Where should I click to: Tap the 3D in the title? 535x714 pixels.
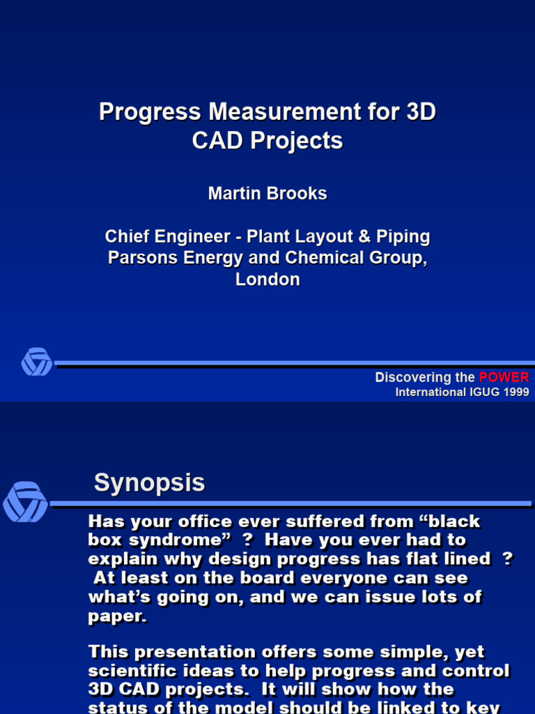pyautogui.click(x=420, y=112)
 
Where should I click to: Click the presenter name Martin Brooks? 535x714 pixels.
pyautogui.click(x=267, y=194)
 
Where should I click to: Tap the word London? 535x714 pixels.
pyautogui.click(x=267, y=280)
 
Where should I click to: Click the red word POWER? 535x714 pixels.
pyautogui.click(x=504, y=377)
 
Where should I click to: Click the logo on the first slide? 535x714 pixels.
pyautogui.click(x=36, y=362)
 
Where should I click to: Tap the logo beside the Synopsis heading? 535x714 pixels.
pyautogui.click(x=25, y=502)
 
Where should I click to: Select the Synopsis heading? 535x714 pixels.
pyautogui.click(x=149, y=483)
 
